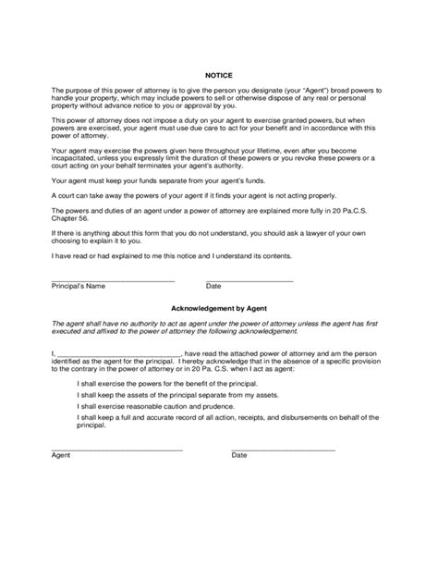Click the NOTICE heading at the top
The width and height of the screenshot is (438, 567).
click(x=218, y=75)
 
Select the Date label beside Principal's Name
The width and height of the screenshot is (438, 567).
click(x=213, y=287)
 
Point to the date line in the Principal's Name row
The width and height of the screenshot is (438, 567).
click(x=249, y=279)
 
